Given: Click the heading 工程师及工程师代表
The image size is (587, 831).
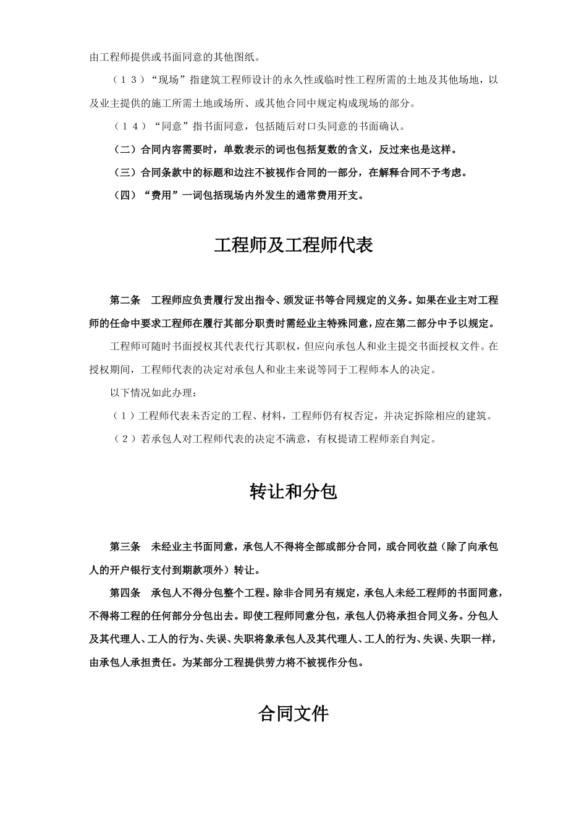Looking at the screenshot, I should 293,245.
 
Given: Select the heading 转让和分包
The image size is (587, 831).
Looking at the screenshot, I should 293,492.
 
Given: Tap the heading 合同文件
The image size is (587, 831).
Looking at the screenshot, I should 293,714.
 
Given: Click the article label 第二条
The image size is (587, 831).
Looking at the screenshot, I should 125,300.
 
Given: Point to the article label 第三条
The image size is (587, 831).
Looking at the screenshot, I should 125,547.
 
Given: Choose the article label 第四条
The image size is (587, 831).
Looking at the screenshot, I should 125,593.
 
